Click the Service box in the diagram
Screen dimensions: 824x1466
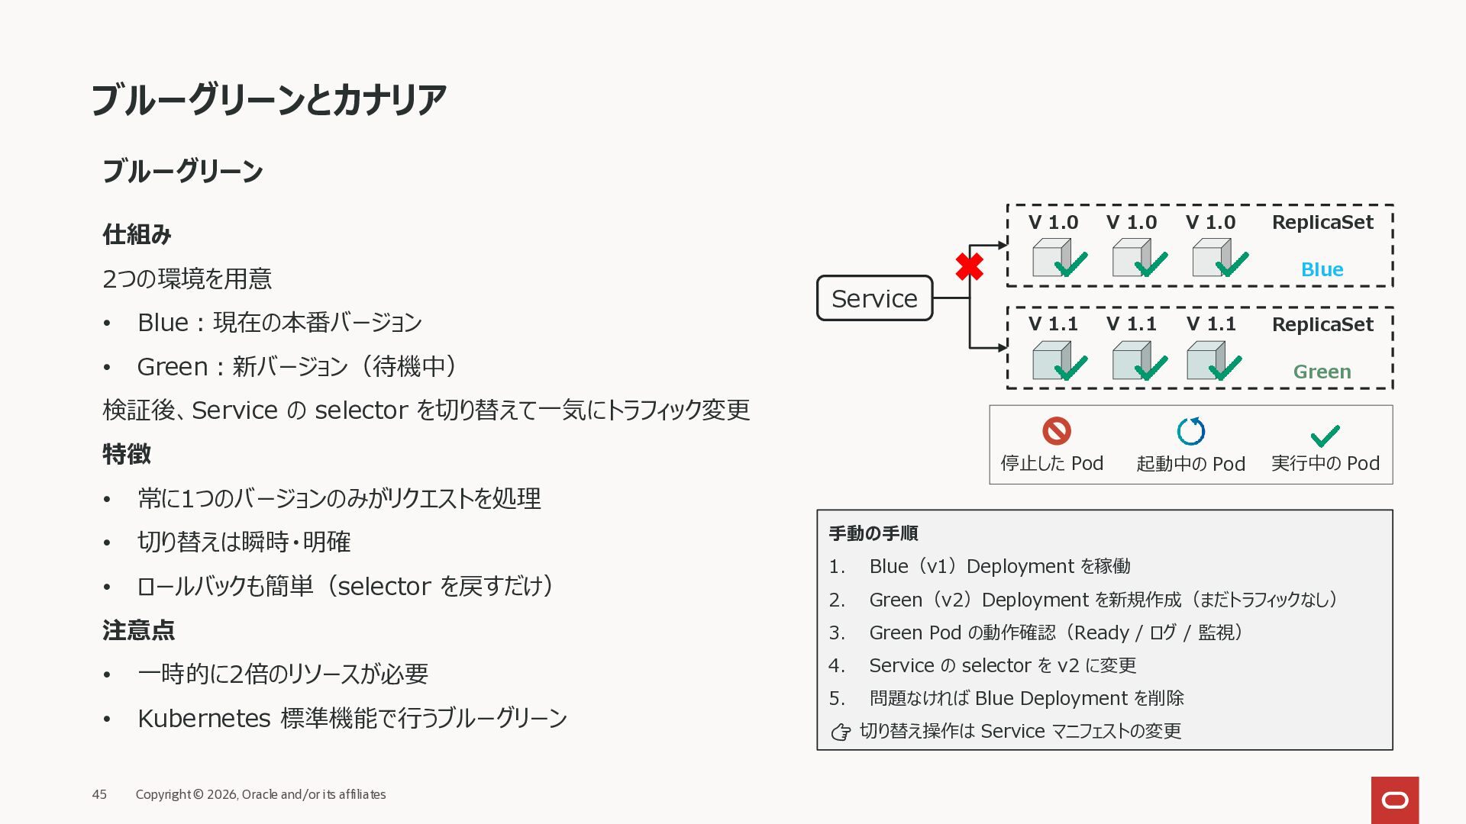coord(874,298)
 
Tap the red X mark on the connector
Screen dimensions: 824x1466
coord(969,266)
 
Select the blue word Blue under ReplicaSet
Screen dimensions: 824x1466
coord(1322,269)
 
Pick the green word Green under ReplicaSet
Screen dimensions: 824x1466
coord(1322,372)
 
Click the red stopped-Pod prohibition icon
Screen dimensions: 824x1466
coord(1057,431)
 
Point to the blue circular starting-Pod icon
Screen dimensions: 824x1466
coord(1190,431)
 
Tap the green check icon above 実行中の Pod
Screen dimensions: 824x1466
coord(1325,435)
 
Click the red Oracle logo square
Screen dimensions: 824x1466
coord(1394,800)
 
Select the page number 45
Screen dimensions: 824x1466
coord(99,794)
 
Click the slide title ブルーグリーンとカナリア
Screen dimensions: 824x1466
coord(268,100)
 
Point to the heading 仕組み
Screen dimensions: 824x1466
coord(137,234)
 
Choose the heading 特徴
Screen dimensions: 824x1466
coord(127,454)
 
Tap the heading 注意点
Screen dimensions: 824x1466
coord(138,630)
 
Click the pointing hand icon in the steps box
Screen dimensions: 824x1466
coord(841,732)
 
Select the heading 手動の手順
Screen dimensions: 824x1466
coord(873,533)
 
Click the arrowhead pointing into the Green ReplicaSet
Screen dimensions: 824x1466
coord(1003,348)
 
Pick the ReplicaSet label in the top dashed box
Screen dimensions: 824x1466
coord(1322,222)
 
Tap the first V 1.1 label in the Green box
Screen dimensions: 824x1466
coord(1053,324)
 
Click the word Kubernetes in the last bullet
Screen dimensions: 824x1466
coord(204,718)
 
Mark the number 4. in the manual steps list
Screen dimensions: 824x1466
coord(837,665)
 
